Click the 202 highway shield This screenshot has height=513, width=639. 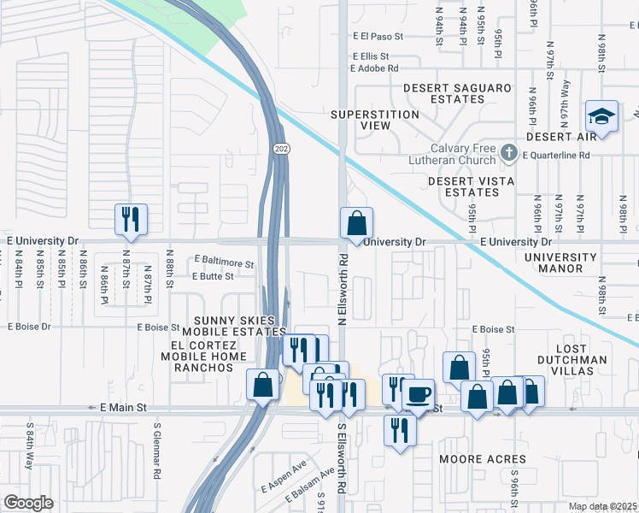[x=281, y=149]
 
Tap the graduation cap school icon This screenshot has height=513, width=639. [x=601, y=118]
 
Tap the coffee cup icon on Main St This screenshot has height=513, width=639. [x=418, y=395]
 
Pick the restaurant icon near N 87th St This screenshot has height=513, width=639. [x=131, y=219]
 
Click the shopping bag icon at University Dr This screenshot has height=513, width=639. [x=356, y=224]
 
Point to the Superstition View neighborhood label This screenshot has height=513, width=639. [x=375, y=120]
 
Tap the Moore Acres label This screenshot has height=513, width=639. [x=474, y=459]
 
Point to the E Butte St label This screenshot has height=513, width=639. [x=212, y=276]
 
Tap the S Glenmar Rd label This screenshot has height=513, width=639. [x=158, y=449]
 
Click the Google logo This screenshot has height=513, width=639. [x=29, y=503]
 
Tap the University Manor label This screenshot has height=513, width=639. [x=560, y=262]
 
